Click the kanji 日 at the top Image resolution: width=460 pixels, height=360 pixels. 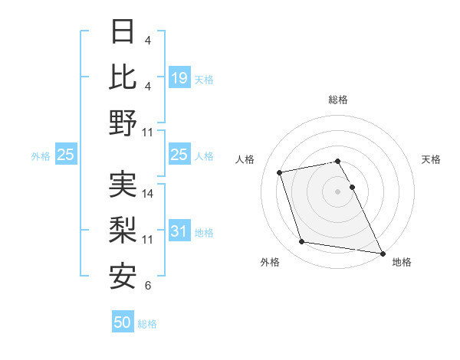pyautogui.click(x=123, y=32)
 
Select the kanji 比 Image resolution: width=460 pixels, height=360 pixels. pyautogui.click(x=123, y=77)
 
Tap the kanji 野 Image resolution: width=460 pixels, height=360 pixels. pyautogui.click(x=123, y=123)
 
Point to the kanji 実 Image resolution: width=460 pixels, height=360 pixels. pyautogui.click(x=123, y=185)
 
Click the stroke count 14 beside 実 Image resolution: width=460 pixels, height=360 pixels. pyautogui.click(x=149, y=194)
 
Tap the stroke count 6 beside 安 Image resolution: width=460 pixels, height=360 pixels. pyautogui.click(x=147, y=286)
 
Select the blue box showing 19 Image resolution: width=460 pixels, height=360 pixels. pyautogui.click(x=179, y=77)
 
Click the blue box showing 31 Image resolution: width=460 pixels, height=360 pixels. pyautogui.click(x=179, y=232)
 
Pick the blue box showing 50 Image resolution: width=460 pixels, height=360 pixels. pyautogui.click(x=123, y=322)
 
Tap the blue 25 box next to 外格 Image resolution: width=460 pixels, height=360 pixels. pyautogui.click(x=66, y=155)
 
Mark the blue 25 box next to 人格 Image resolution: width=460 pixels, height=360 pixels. pyautogui.click(x=179, y=155)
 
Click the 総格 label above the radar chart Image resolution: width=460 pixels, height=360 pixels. pyautogui.click(x=337, y=100)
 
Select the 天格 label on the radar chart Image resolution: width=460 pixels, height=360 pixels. pyautogui.click(x=432, y=159)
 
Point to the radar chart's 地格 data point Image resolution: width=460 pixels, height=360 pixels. pyautogui.click(x=382, y=252)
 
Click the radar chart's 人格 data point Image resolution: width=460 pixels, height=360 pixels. pyautogui.click(x=280, y=172)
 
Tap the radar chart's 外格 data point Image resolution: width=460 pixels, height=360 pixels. pyautogui.click(x=302, y=242)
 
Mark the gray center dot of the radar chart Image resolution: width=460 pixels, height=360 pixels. pyautogui.click(x=337, y=191)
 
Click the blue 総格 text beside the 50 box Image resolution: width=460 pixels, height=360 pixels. pyautogui.click(x=147, y=324)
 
